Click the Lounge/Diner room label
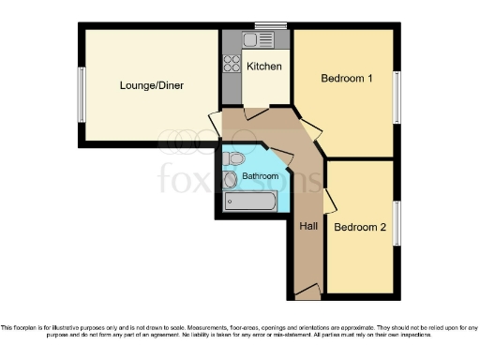pyautogui.click(x=151, y=85)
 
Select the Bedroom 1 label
pyautogui.click(x=347, y=79)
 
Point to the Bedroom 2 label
pyautogui.click(x=360, y=227)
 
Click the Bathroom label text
pyautogui.click(x=259, y=175)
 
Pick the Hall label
pyautogui.click(x=308, y=226)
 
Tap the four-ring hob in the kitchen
pyautogui.click(x=231, y=65)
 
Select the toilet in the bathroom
pyautogui.click(x=235, y=157)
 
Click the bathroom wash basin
pyautogui.click(x=230, y=179)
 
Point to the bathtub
pyautogui.click(x=249, y=202)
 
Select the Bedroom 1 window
pyautogui.click(x=396, y=96)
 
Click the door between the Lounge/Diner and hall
pyautogui.click(x=214, y=127)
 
